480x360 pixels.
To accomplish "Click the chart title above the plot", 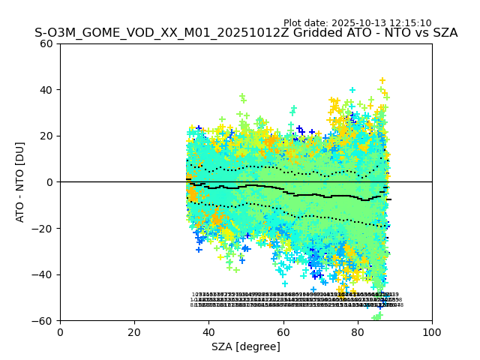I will click(246, 34).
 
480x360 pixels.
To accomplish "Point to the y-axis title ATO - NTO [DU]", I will click(21, 181).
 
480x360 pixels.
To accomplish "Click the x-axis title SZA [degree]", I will click(246, 346).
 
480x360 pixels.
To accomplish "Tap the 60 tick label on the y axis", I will click(46, 43).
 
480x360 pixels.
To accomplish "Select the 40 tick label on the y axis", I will click(46, 90).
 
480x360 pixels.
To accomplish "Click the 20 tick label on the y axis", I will click(46, 136).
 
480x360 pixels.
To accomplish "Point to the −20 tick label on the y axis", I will click(43, 228).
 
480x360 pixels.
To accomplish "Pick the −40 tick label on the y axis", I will click(43, 274).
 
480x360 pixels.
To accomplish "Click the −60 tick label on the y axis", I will click(43, 320).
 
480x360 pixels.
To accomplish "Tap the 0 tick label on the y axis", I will click(49, 182).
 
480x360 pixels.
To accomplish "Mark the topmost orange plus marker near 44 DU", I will click(382, 80).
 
